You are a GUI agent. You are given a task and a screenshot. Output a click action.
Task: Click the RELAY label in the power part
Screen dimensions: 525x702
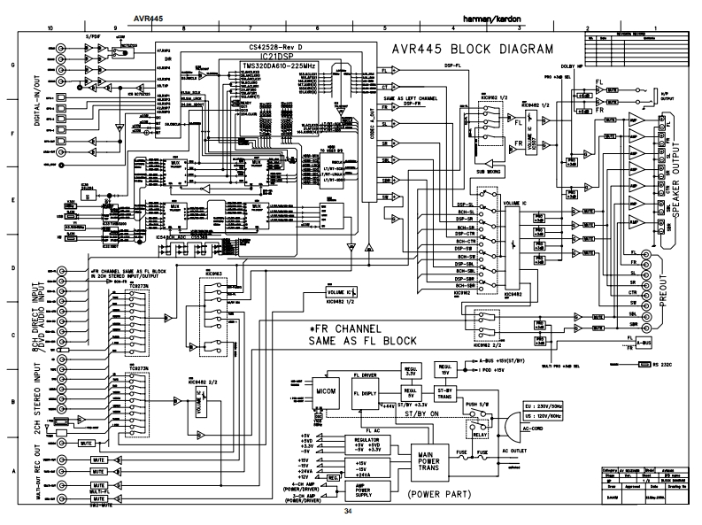(x=479, y=434)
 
